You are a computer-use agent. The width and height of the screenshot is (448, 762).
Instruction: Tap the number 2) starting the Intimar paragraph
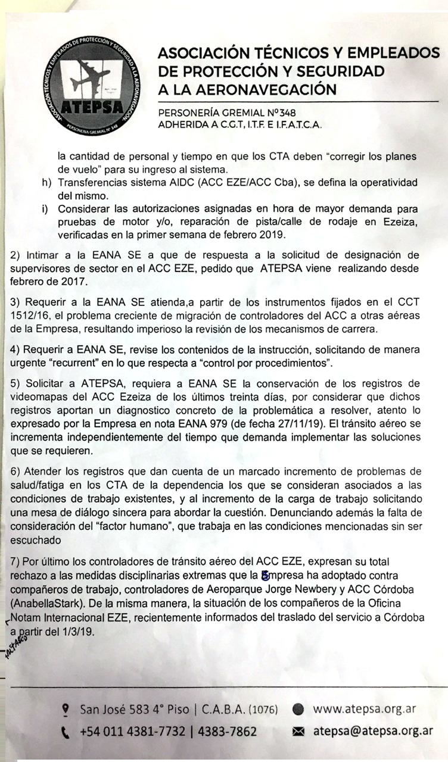17,255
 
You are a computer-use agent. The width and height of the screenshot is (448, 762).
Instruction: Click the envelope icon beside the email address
299,732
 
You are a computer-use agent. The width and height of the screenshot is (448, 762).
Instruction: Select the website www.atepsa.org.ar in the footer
364,709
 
